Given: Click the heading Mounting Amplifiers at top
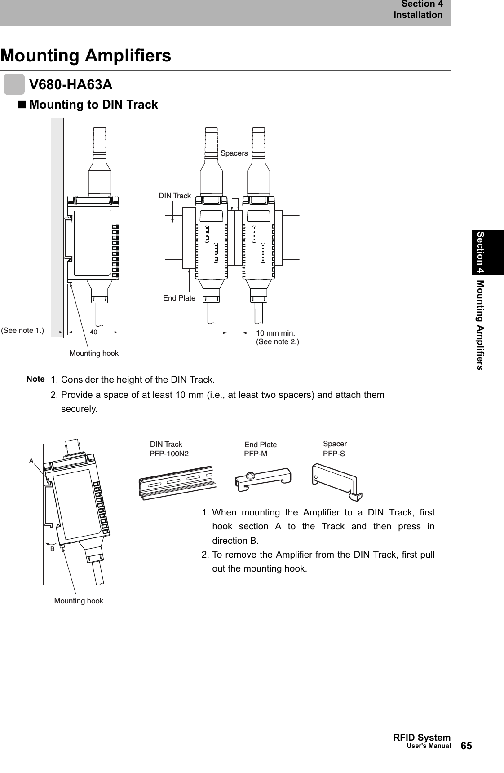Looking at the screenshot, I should coord(86,56).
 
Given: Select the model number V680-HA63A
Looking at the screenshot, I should coord(71,84).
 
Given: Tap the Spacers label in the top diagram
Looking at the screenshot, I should coord(234,153).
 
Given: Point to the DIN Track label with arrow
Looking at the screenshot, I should coord(175,196).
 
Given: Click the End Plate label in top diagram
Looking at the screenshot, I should coord(179,298).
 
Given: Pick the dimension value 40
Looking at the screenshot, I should coord(93,332).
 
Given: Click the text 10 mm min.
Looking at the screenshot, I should coord(275,333).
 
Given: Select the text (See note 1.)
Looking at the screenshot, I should coord(22,331).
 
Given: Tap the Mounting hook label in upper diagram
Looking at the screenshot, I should coord(94,354).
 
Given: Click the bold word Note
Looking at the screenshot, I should coord(35,379).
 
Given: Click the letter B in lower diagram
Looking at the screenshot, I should coord(52,548).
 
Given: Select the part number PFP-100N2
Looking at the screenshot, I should coord(169,454).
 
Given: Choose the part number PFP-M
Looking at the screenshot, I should coord(255,454).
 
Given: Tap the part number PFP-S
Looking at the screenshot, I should coord(334,454).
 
